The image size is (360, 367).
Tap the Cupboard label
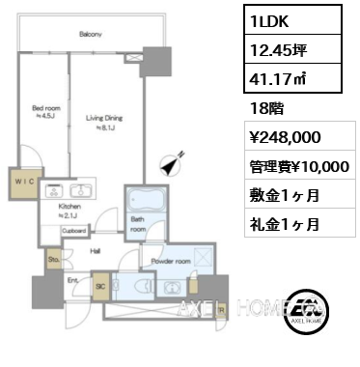(76, 232)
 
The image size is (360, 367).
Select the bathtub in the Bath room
(144, 204)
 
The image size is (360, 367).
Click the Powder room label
(169, 262)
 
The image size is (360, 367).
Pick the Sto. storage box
(53, 259)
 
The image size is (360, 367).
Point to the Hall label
(97, 250)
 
